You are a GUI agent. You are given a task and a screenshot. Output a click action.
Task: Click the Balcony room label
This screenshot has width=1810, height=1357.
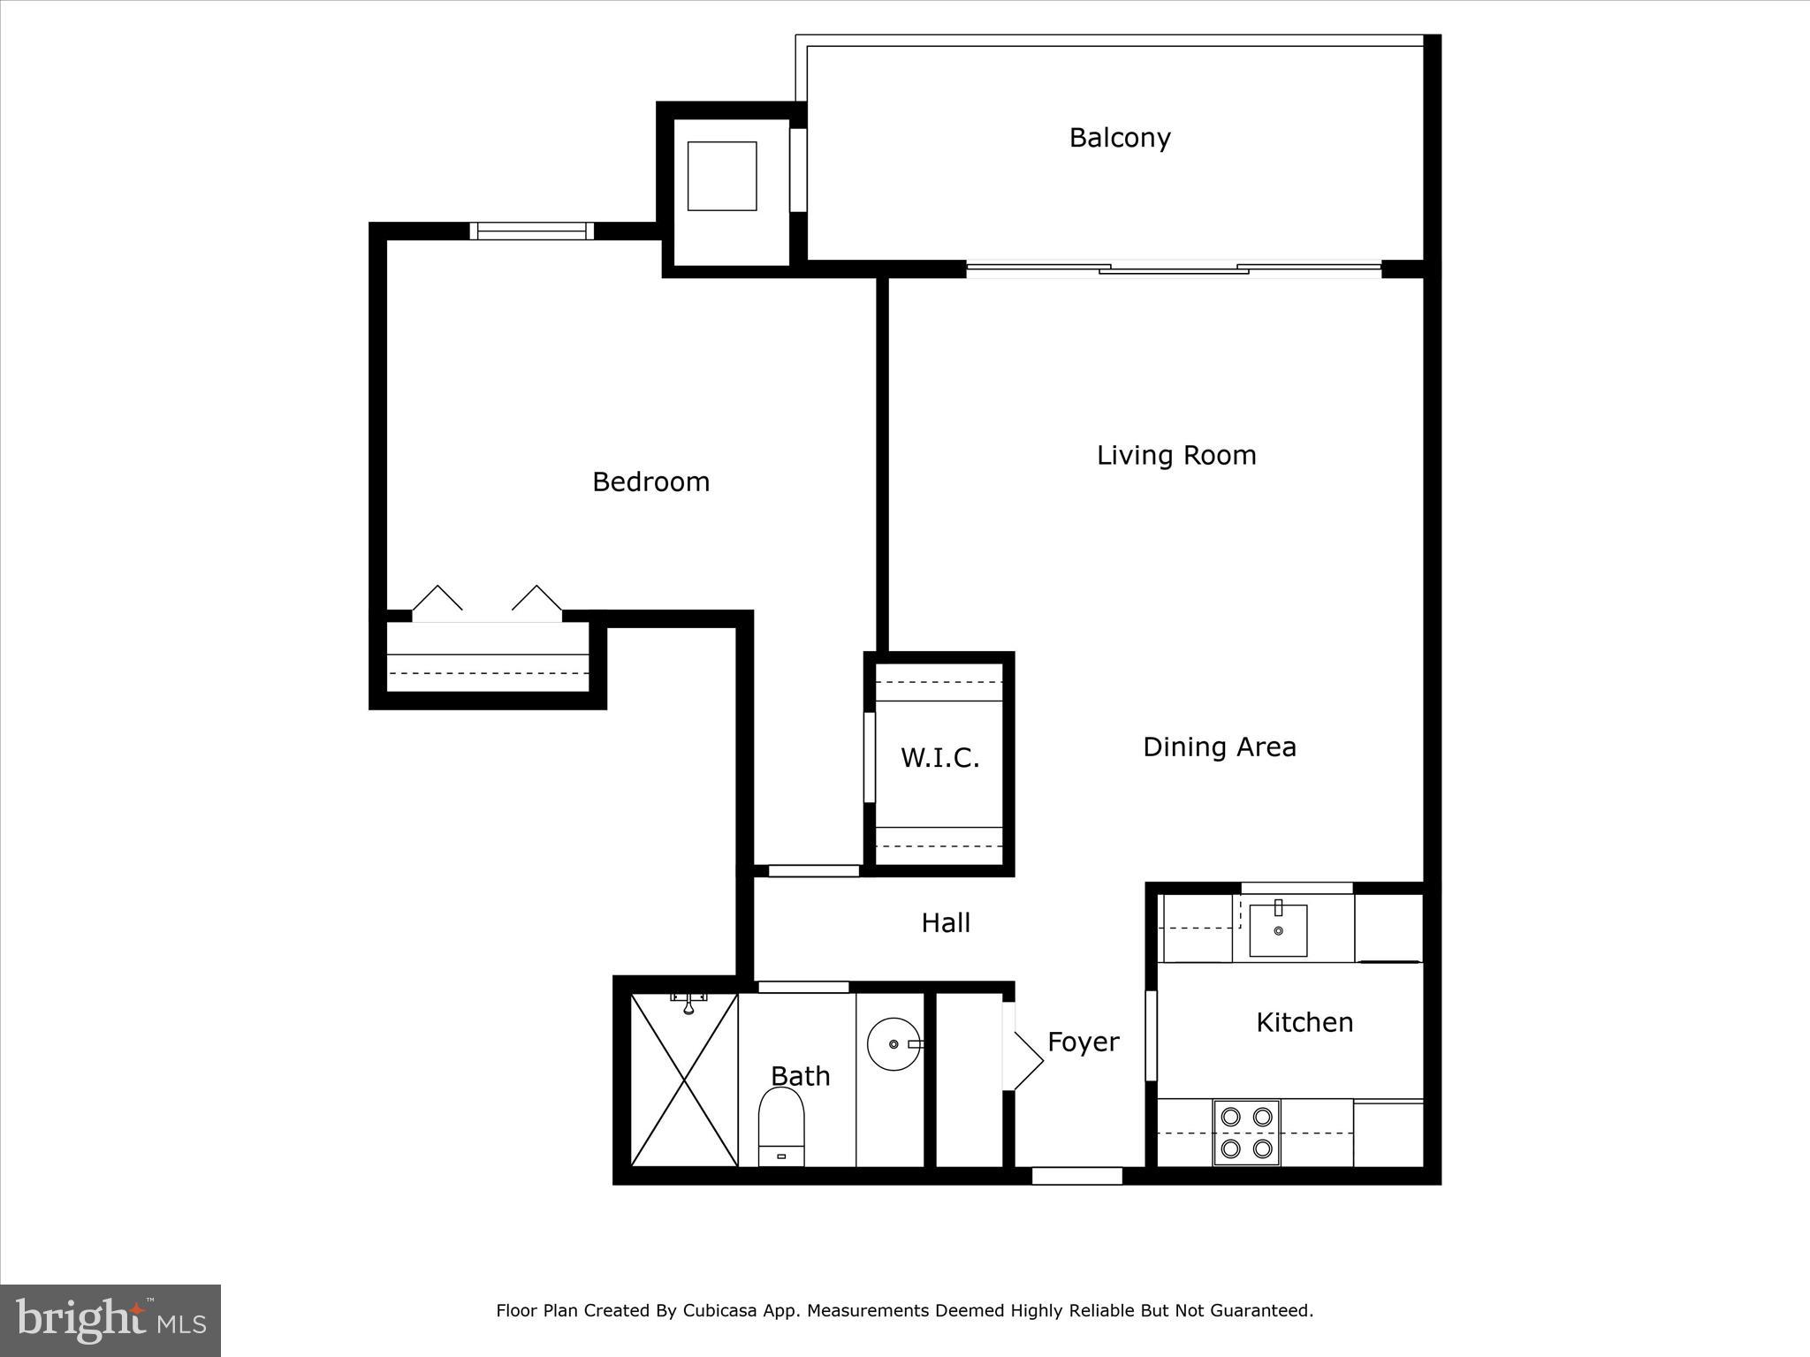click(x=1119, y=138)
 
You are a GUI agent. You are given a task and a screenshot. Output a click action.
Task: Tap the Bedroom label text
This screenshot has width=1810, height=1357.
click(x=650, y=481)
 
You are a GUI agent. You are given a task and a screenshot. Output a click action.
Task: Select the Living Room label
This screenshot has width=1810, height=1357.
click(x=1175, y=455)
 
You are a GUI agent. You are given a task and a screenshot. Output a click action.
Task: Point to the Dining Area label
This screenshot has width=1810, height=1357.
click(x=1219, y=747)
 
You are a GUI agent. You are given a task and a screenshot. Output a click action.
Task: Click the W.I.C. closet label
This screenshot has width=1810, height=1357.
click(x=939, y=758)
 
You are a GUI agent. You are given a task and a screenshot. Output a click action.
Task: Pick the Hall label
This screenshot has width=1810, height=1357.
click(x=946, y=923)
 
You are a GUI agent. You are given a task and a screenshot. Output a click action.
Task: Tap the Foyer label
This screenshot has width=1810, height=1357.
click(x=1083, y=1042)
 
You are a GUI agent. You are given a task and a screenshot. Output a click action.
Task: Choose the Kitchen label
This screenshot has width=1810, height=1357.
click(x=1304, y=1022)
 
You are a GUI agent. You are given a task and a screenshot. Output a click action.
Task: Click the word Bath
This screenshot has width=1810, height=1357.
click(x=800, y=1076)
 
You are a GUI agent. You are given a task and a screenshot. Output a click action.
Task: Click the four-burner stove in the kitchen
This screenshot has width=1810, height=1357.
click(x=1246, y=1133)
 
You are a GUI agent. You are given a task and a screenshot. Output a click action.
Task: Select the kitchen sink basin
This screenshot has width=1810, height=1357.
click(x=1278, y=930)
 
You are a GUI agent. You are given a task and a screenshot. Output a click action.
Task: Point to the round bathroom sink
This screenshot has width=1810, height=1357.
click(x=893, y=1044)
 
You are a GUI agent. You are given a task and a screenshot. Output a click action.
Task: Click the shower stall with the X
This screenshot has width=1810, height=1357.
click(x=684, y=1080)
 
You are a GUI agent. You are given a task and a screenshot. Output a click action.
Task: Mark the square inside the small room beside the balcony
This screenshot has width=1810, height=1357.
click(x=722, y=176)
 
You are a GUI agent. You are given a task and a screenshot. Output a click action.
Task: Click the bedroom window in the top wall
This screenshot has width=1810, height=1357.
click(x=531, y=231)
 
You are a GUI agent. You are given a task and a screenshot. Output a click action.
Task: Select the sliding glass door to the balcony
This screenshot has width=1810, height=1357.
click(x=1174, y=268)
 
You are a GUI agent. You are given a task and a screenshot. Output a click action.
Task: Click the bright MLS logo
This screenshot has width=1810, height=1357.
click(x=110, y=1321)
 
